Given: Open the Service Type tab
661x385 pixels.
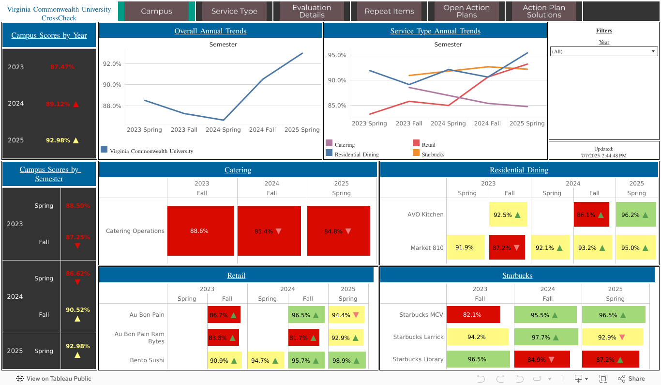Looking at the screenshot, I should coord(234,11).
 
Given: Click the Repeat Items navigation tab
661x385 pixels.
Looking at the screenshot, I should coord(389,11).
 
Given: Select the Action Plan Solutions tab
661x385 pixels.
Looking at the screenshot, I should coord(544,11).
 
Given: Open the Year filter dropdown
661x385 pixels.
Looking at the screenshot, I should coord(604,51).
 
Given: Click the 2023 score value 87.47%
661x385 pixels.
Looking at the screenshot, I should coord(62,67).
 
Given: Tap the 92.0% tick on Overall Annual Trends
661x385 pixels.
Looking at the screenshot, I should coord(112,63).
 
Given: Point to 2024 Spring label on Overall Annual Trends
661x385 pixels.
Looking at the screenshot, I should coord(223,130).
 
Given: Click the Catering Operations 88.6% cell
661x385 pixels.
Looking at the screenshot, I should coord(200,231).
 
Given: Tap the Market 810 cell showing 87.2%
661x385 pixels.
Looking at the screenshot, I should coord(507,247).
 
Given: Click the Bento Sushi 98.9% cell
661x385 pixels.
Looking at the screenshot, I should coord(347,360).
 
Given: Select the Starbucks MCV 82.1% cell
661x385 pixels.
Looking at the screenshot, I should coord(473,315).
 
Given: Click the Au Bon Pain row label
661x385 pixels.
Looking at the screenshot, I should coord(147,315).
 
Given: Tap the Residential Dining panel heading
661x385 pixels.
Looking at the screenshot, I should coord(519,170).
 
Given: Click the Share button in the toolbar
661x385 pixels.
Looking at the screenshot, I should coord(631,379).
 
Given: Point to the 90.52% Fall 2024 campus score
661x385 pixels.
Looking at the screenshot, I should coord(78,310).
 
